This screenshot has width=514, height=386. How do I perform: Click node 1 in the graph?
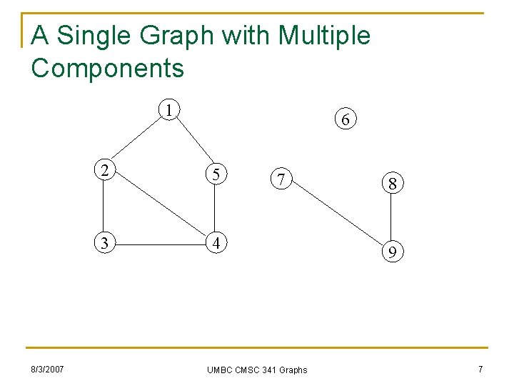point(168,110)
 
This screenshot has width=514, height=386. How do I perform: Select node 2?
point(104,171)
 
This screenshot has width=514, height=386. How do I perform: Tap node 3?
point(104,243)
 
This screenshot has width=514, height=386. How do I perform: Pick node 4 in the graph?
point(213,243)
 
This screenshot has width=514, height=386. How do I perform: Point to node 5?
point(213,173)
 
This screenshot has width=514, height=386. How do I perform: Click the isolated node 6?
point(345,120)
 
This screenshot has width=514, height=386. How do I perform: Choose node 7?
point(282,180)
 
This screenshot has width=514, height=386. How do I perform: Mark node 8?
point(392,184)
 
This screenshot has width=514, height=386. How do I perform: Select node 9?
point(392,252)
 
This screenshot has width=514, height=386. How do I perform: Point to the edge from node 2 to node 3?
point(104,207)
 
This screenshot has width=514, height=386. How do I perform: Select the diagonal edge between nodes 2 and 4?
point(158,207)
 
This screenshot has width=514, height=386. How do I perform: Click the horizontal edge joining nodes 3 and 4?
point(158,244)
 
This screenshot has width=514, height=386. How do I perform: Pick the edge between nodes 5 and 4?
point(213,208)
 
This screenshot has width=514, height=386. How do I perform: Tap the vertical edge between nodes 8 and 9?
point(392,218)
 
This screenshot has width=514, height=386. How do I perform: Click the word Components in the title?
point(108,69)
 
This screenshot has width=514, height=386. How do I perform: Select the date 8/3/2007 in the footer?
point(47,369)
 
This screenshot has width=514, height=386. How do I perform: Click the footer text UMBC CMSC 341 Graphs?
point(257,370)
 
